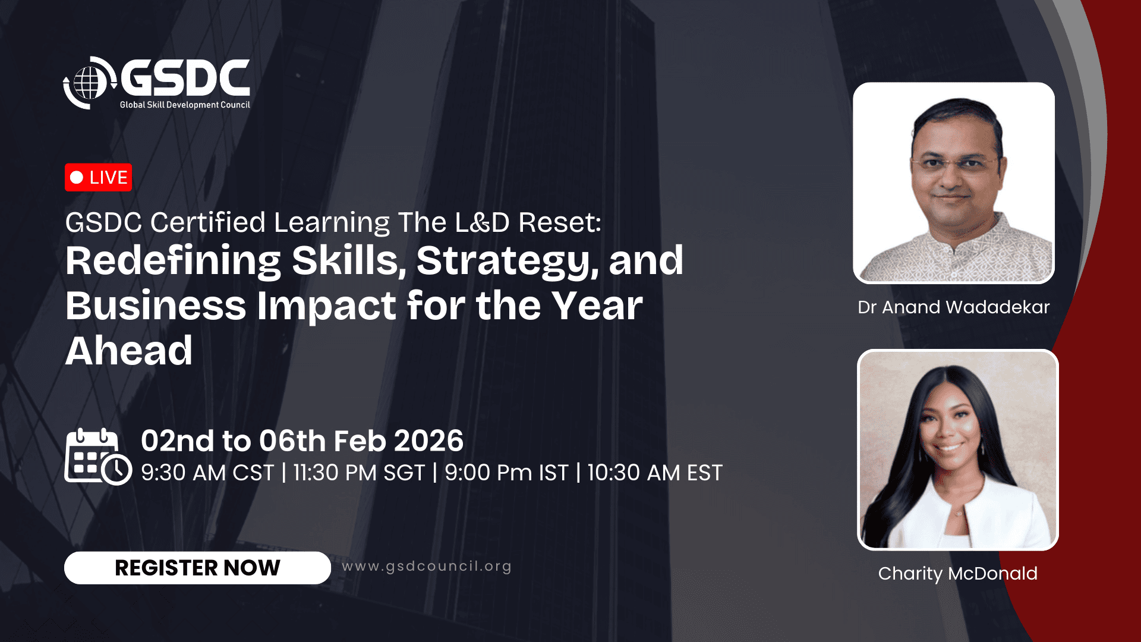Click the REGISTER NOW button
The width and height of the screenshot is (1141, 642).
click(x=197, y=568)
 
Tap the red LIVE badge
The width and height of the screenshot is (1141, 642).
click(x=98, y=177)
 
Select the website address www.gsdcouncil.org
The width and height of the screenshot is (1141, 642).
click(x=427, y=567)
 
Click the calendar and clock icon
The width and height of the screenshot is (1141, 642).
click(x=98, y=457)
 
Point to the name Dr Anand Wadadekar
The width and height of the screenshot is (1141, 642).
click(x=953, y=307)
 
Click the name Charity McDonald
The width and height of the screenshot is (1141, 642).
click(x=957, y=574)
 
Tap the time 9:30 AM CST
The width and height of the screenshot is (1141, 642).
click(x=207, y=473)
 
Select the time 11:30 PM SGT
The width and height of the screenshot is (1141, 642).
click(x=359, y=473)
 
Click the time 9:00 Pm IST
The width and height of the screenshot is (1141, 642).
click(x=506, y=473)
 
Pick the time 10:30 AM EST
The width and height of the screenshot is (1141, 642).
click(x=655, y=473)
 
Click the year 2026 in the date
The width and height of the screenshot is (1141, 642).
click(x=428, y=441)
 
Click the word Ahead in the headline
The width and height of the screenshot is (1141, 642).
click(x=129, y=351)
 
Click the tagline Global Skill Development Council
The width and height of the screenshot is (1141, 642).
click(x=185, y=105)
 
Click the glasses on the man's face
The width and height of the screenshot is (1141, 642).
click(x=954, y=163)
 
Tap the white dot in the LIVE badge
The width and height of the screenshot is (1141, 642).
click(x=77, y=177)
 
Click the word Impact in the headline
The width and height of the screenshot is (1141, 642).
click(x=326, y=307)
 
